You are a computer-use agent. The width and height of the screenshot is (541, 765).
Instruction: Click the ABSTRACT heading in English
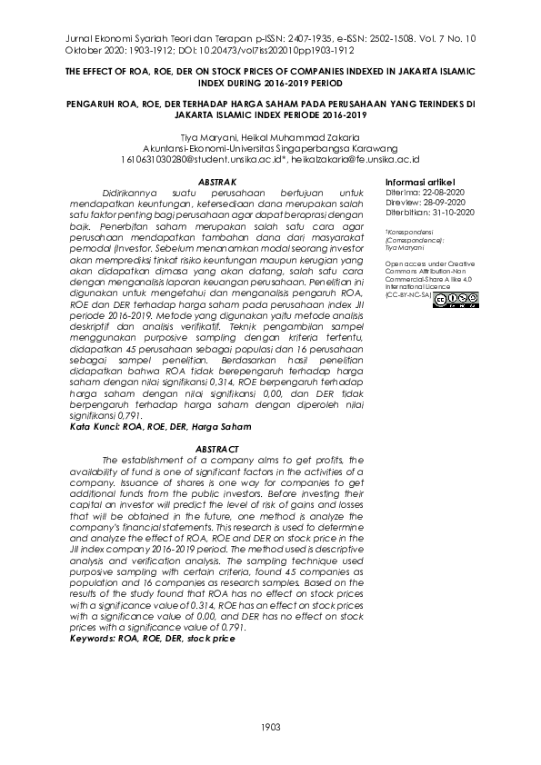(x=216, y=450)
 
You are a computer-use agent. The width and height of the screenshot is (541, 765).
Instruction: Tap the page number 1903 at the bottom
(x=270, y=726)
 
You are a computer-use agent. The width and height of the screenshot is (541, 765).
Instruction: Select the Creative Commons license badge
(x=456, y=298)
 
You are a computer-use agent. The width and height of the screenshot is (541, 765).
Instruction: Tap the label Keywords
(x=94, y=639)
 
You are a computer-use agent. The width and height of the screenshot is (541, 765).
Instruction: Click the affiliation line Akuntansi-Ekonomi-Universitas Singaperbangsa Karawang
(x=271, y=147)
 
